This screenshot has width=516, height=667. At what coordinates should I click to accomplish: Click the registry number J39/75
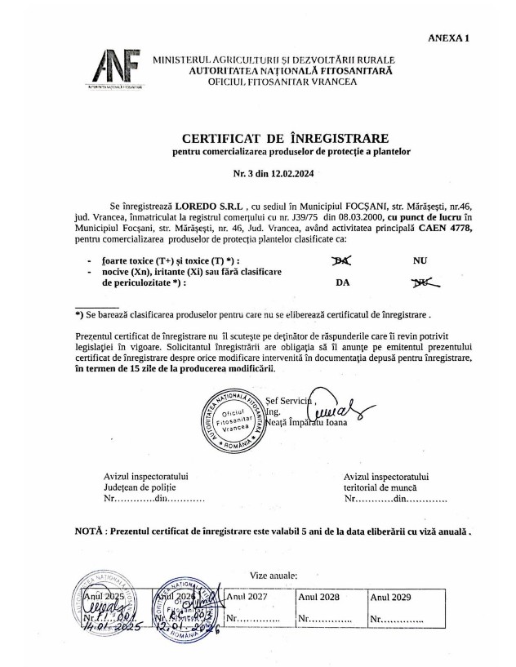click(341, 216)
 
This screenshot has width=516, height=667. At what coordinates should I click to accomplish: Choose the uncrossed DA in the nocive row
click(344, 284)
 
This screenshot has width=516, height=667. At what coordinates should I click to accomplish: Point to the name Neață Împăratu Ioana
click(307, 423)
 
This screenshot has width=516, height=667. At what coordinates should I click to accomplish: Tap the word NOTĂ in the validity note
click(89, 531)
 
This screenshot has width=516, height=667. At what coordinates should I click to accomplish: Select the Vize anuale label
click(274, 576)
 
